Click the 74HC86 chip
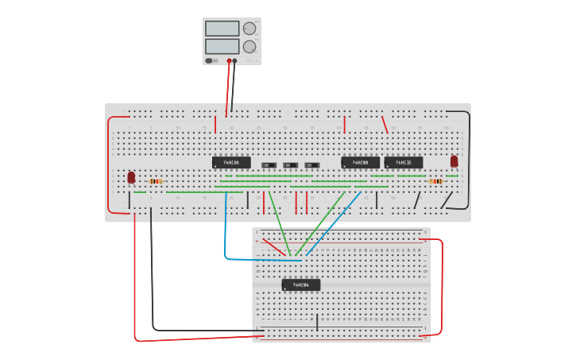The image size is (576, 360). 231,162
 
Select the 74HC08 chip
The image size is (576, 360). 361,162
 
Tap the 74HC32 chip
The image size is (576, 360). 404,162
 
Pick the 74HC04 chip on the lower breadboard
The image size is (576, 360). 301,285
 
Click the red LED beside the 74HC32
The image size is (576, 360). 454,161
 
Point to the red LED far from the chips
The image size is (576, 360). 131,177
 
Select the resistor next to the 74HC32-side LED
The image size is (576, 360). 435,181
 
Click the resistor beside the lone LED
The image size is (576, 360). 156,181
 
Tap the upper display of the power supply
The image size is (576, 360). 222,29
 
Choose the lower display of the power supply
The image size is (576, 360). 222,46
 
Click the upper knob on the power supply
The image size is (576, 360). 249,29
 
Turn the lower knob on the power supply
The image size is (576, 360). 249,47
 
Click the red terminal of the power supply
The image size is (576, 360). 229,60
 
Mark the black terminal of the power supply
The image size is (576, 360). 234,60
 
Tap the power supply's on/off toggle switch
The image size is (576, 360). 210,60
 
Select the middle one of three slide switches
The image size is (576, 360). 291,165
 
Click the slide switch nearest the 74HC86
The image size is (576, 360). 269,165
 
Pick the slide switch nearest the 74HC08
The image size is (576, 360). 312,165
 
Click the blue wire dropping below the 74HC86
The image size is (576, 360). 226,230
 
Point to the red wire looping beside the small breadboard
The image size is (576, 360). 441,286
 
